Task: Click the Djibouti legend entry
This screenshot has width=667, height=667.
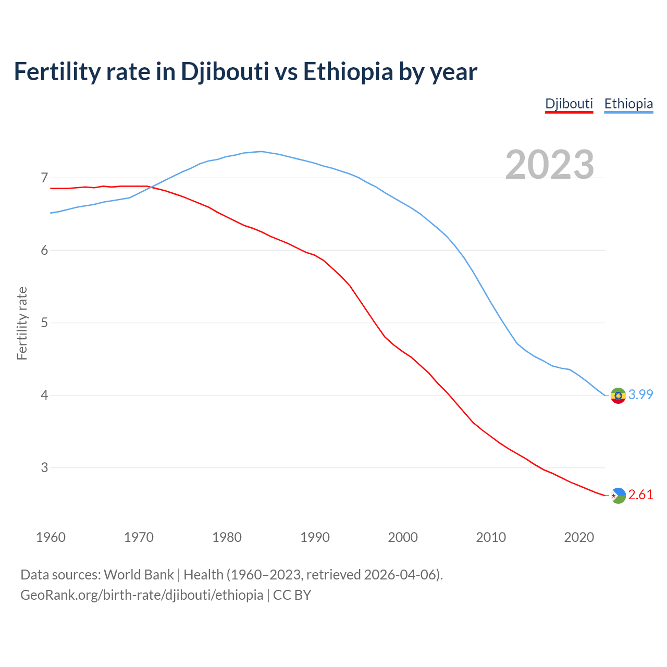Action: [x=569, y=104]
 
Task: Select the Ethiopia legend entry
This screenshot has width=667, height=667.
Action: [x=628, y=104]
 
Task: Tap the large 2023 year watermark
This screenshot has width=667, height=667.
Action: [x=550, y=165]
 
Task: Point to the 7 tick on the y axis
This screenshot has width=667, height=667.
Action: [x=44, y=178]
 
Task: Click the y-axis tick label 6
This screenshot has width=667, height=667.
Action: [x=44, y=251]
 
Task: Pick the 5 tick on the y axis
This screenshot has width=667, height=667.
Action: [x=44, y=323]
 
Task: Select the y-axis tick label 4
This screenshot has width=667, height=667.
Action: [x=44, y=396]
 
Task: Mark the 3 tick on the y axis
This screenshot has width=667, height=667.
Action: [x=44, y=468]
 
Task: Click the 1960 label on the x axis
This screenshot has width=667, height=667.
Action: [x=51, y=537]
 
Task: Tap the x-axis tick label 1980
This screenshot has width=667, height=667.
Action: [x=227, y=537]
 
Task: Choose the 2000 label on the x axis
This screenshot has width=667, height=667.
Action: [x=403, y=537]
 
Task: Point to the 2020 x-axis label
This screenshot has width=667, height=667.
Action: [x=579, y=537]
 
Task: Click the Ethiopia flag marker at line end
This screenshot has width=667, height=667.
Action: [x=618, y=396]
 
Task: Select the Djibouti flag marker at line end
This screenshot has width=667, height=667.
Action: [x=618, y=496]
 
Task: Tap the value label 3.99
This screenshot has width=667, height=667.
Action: [x=640, y=395]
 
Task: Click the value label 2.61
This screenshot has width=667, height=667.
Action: [x=640, y=495]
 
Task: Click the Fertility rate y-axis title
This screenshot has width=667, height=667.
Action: [x=22, y=323]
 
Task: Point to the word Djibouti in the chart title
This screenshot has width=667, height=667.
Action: [x=225, y=72]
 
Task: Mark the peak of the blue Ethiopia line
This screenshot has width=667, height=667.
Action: [x=261, y=152]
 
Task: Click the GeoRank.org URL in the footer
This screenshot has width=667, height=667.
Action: [x=142, y=595]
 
